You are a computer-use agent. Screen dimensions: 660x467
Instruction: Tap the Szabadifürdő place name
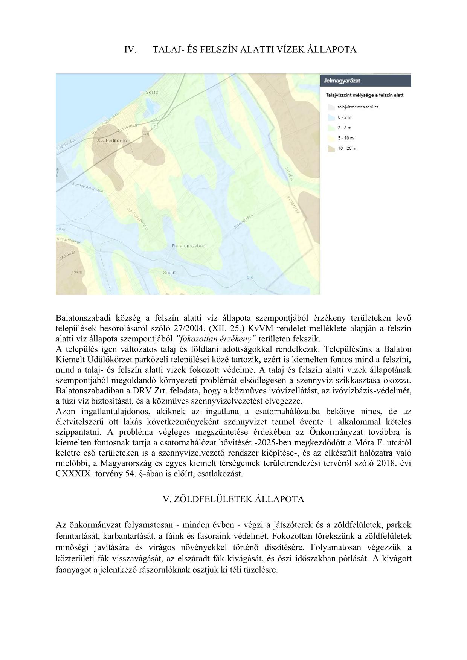112,140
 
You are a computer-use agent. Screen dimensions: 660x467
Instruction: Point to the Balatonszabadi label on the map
189,246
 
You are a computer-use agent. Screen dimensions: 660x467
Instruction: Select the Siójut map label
169,272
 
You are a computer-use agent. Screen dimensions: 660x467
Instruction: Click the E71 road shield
146,134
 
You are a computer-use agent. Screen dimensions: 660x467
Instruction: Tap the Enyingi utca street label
243,222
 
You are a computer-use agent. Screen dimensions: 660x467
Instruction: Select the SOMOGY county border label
293,204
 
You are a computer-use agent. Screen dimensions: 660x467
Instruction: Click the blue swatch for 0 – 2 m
331,117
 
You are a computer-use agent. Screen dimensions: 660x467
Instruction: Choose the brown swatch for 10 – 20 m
331,149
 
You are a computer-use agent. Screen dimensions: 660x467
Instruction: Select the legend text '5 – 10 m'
345,138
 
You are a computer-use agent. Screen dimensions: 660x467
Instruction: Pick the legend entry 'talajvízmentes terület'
358,107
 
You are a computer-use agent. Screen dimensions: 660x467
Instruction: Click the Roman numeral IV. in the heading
130,50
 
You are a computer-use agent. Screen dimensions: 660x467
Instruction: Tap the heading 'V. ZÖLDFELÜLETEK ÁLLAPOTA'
233,499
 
